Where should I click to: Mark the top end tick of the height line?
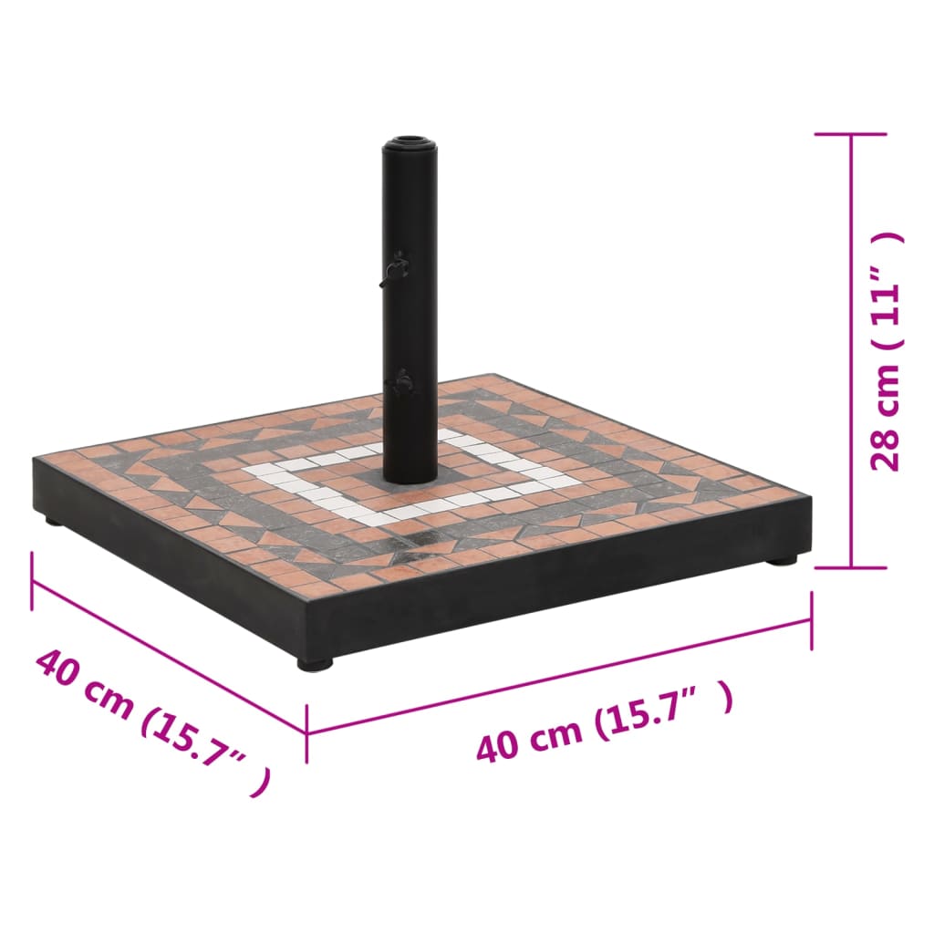coord(852,134)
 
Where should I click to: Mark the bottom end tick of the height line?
coord(852,566)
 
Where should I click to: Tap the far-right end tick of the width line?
coord(811,620)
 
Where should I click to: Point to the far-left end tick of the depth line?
coord(33,580)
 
